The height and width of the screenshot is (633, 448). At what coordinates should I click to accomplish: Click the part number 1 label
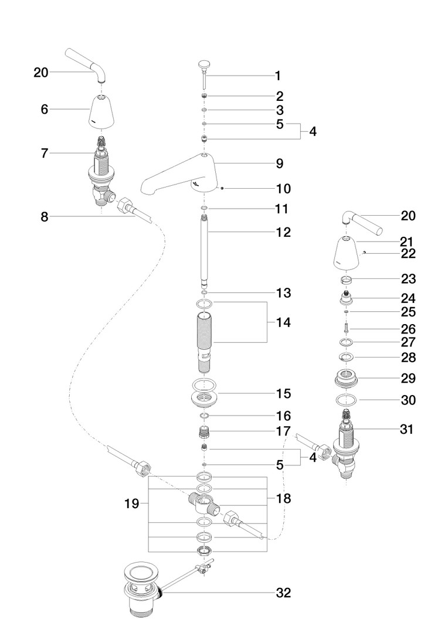(277, 76)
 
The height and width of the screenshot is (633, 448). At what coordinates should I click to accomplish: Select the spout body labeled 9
(182, 176)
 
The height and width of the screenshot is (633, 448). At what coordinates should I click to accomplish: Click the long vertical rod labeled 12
(205, 252)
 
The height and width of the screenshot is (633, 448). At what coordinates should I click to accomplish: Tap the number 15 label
(284, 393)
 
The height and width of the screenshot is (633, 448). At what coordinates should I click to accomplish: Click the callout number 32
(284, 593)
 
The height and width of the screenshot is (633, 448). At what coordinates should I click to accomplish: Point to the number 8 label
(45, 216)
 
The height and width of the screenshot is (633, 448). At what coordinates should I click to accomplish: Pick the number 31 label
(406, 430)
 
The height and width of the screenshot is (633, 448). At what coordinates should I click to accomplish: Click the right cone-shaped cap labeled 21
(348, 254)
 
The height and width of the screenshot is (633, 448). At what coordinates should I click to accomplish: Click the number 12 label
(284, 232)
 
